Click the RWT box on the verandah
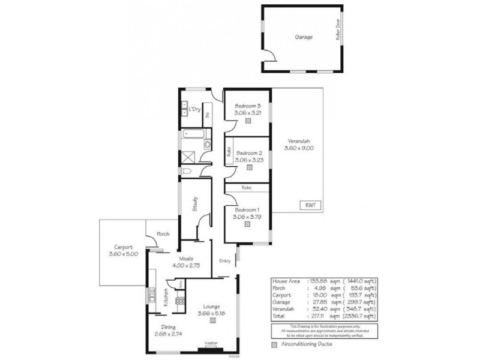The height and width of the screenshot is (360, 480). [x=310, y=205]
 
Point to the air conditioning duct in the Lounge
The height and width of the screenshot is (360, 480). [x=213, y=320]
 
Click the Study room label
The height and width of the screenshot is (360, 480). [x=195, y=206]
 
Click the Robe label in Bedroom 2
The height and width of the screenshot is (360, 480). [x=229, y=153]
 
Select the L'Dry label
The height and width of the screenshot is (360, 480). [x=194, y=110]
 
